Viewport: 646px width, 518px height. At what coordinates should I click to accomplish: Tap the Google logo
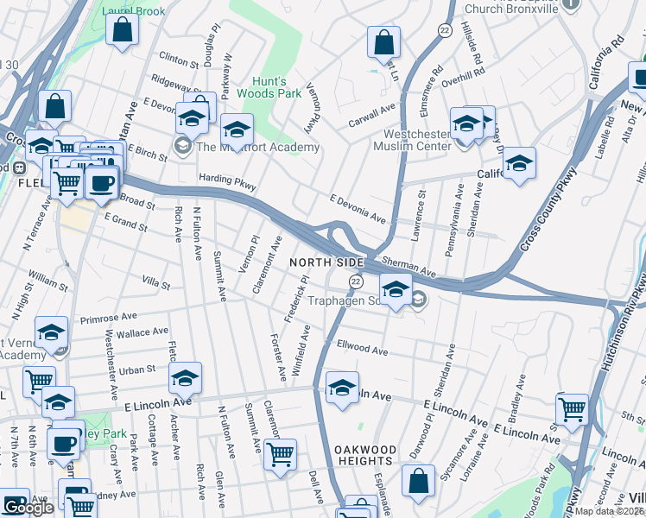[x=28, y=508]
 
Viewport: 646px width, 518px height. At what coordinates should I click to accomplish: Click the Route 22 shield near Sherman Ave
[x=355, y=281]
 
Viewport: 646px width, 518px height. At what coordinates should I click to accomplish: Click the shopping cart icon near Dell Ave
[x=280, y=455]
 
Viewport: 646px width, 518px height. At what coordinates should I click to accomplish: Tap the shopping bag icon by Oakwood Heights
[x=418, y=483]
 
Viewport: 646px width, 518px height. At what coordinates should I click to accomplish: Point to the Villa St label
[x=156, y=282]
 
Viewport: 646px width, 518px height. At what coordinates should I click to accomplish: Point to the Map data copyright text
[x=610, y=511]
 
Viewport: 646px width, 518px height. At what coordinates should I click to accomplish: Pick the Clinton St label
[x=179, y=60]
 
